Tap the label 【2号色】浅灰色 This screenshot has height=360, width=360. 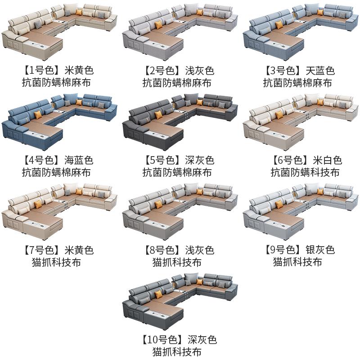[x=179, y=71]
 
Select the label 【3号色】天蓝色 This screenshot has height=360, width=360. [x=299, y=71]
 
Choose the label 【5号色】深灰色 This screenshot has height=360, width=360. [x=179, y=160]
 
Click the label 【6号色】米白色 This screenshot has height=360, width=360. [x=299, y=160]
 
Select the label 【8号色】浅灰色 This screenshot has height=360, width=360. [x=179, y=250]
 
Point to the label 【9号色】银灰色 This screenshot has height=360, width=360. [x=299, y=250]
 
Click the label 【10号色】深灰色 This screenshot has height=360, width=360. [x=179, y=339]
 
